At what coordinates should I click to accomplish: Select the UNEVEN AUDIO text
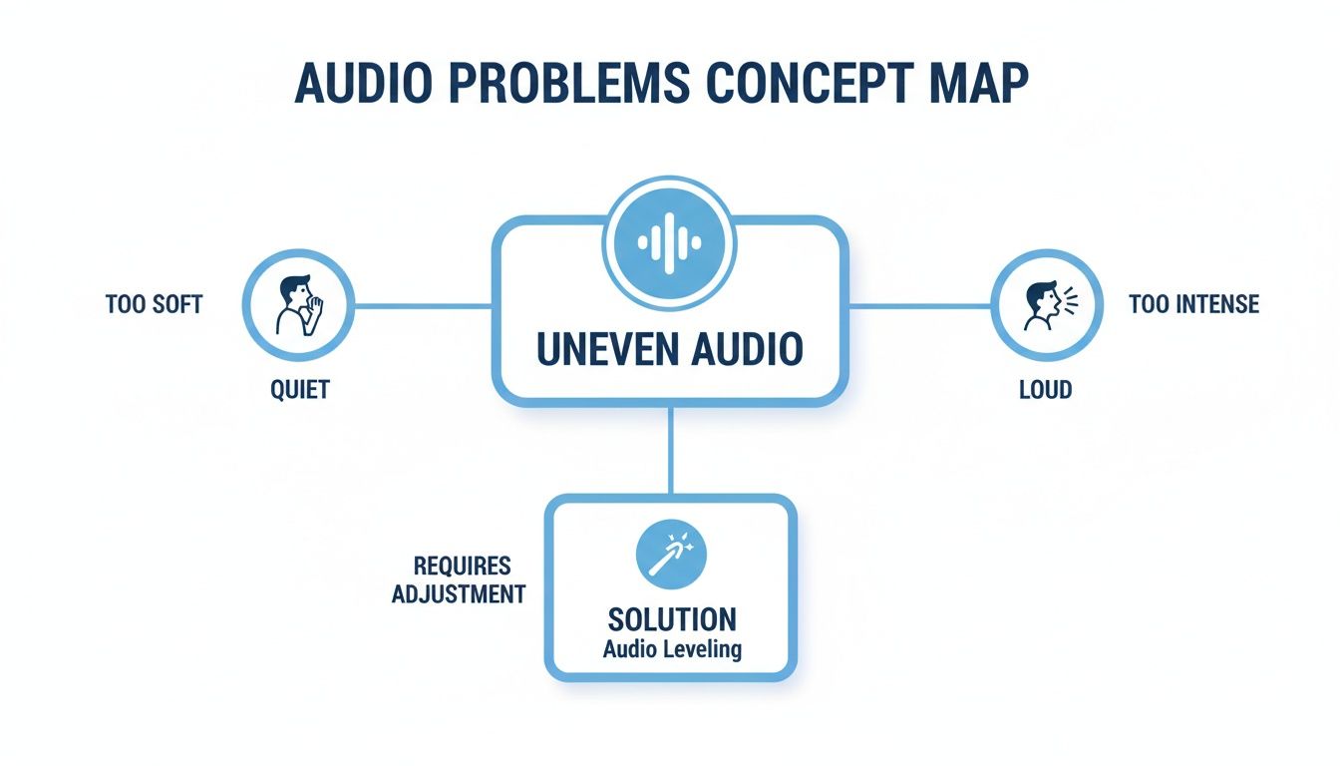tap(670, 348)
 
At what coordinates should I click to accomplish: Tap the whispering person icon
tap(298, 304)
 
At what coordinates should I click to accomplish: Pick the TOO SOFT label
tap(154, 304)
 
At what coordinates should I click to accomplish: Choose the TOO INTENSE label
tap(1194, 303)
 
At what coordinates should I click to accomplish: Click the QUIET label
tap(299, 389)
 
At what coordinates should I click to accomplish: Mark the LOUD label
tap(1045, 389)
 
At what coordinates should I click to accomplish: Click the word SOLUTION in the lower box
tap(672, 619)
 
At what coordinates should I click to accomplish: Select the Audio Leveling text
tap(672, 649)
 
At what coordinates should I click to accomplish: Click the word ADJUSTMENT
tap(459, 594)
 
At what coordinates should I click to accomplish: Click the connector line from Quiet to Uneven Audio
tap(423, 305)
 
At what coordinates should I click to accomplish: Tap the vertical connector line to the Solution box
tap(671, 449)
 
